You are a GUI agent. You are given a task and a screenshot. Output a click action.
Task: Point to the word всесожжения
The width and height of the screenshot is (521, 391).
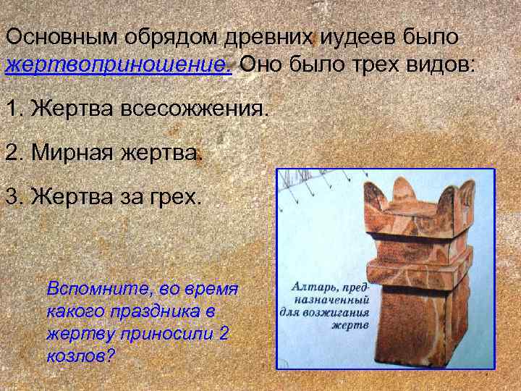[x=195, y=111]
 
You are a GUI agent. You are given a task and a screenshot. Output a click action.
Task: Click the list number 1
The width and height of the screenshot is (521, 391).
[x=12, y=111]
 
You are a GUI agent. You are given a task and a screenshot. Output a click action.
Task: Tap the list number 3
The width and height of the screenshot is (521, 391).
[x=12, y=196]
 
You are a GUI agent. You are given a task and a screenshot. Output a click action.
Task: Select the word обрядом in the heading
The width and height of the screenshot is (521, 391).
[x=157, y=35]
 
